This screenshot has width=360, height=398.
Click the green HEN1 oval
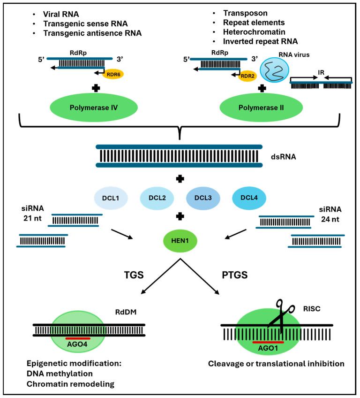click(180, 241)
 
